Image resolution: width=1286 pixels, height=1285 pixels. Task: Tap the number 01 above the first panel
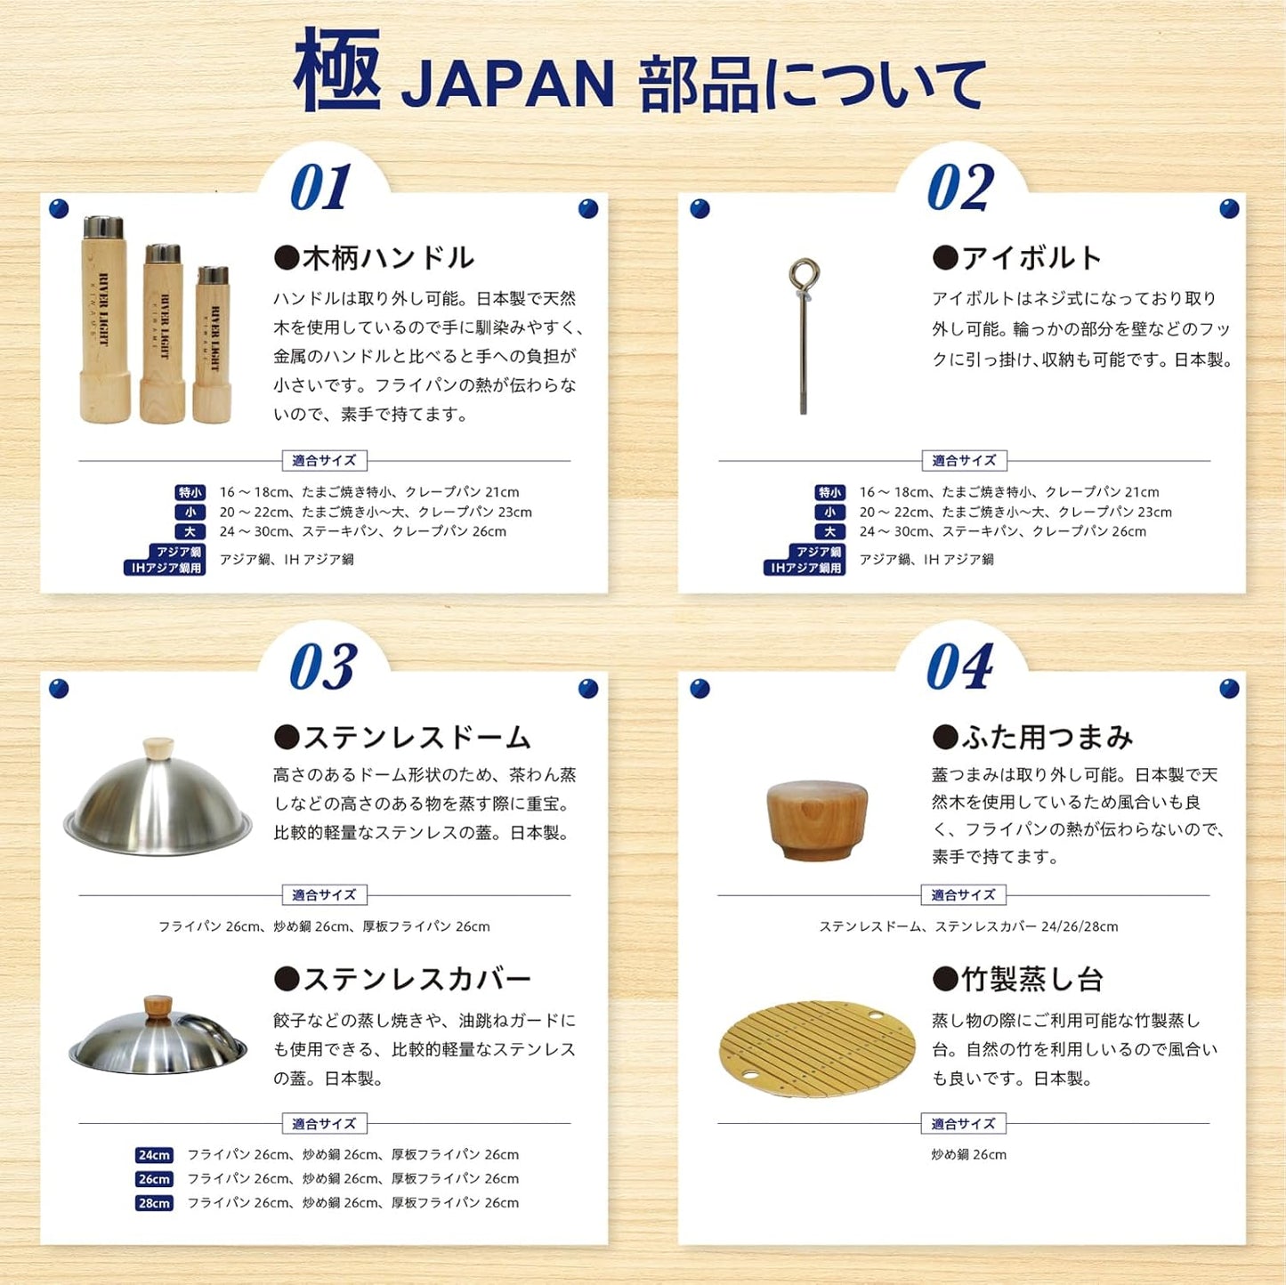point(321,188)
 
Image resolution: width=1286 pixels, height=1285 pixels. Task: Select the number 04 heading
point(960,667)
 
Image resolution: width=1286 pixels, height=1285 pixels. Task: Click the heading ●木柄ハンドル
point(374,258)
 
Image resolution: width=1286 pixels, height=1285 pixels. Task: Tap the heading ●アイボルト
point(1017,258)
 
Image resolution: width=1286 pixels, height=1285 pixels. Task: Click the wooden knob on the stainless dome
point(158,747)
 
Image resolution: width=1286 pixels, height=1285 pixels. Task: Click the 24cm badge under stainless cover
point(154,1155)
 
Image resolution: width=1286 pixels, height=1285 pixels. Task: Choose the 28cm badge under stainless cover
point(154,1203)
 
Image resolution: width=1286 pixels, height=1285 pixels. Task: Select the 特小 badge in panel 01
point(190,492)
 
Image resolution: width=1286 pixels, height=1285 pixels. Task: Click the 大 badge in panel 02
point(829,532)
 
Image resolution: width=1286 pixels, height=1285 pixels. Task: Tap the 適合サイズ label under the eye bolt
point(964,461)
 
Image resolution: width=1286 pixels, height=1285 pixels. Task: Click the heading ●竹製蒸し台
point(1017,980)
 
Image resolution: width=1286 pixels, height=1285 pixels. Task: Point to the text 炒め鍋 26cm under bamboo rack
point(968,1155)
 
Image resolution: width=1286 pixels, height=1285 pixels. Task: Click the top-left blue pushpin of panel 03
point(59,688)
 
